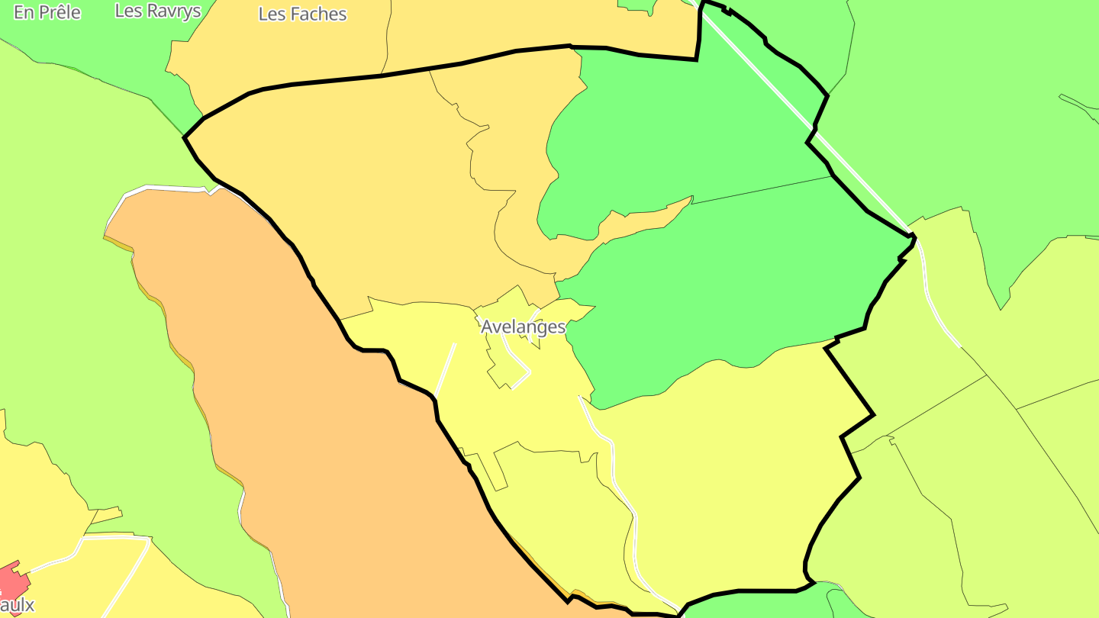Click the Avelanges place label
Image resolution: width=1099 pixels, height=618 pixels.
(x=523, y=327)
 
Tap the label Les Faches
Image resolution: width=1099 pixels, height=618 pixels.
(x=302, y=14)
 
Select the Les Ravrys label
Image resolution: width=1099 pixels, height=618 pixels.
(x=158, y=11)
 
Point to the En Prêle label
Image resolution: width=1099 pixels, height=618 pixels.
(x=47, y=12)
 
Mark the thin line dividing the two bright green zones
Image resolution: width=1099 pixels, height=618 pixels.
(x=763, y=190)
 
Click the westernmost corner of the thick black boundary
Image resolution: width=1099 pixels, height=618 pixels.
(x=185, y=137)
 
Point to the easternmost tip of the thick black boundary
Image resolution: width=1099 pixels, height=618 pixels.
(x=914, y=235)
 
